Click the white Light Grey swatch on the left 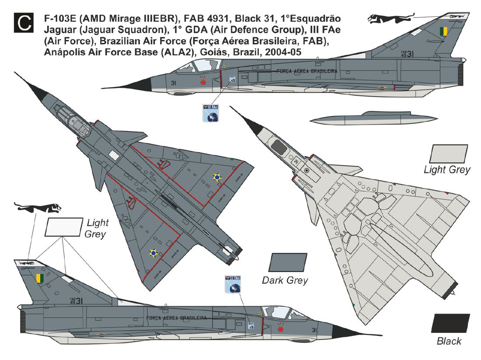click(x=64, y=227)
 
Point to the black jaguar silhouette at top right click(x=385, y=18)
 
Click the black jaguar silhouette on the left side click(x=37, y=207)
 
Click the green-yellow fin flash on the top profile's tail click(x=444, y=32)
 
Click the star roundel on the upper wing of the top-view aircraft click(x=217, y=177)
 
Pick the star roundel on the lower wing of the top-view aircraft click(x=153, y=252)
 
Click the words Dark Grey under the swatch click(x=285, y=280)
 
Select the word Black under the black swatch click(x=449, y=341)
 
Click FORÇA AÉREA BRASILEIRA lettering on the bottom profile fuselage click(x=177, y=318)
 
